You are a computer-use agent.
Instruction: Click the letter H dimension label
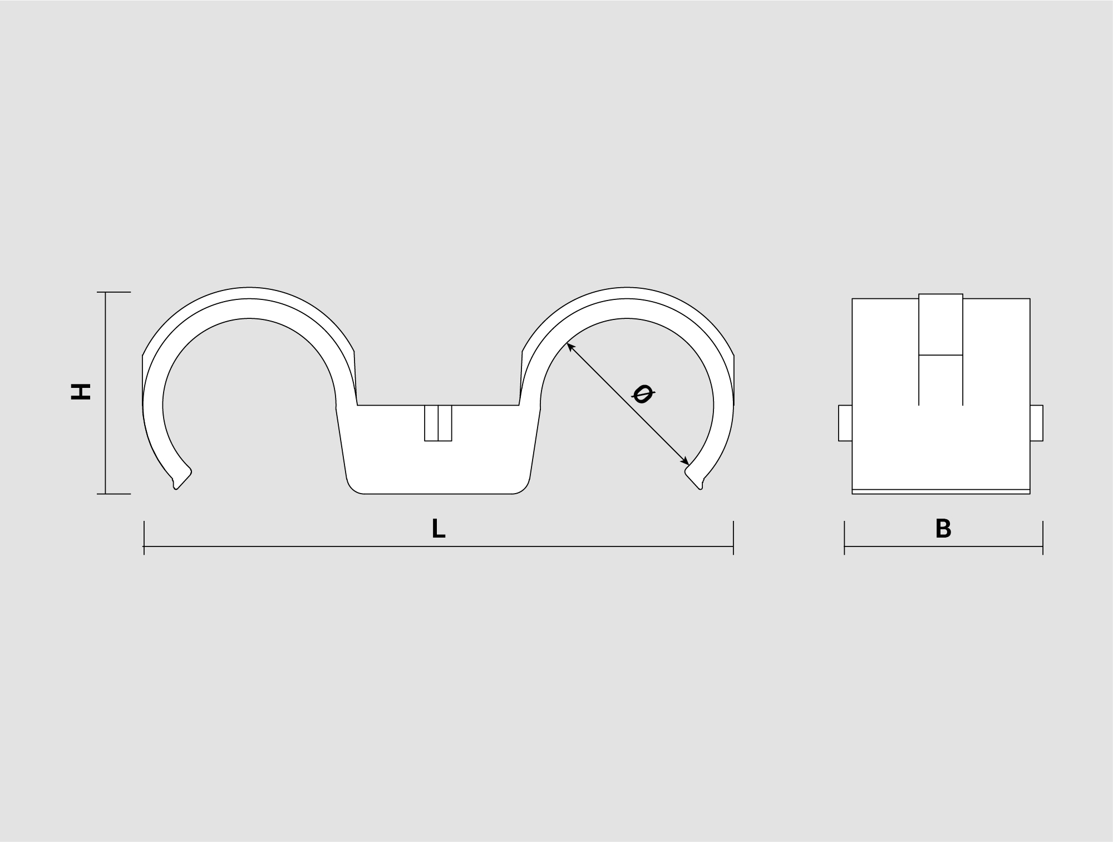(81, 391)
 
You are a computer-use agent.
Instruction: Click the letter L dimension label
(439, 529)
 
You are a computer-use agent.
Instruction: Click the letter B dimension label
(943, 529)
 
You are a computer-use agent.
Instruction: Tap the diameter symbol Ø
(643, 394)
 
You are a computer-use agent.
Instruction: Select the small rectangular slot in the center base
(438, 423)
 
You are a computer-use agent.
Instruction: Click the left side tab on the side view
(845, 423)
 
